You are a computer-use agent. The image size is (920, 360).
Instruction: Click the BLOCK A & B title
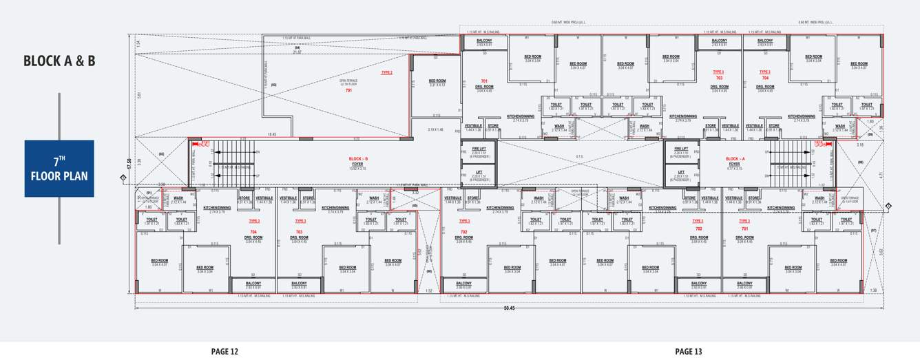59,61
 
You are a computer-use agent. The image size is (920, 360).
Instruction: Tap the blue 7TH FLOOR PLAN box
59,169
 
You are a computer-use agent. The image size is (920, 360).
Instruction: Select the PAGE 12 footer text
224,352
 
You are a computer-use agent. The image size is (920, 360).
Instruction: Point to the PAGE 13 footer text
689,352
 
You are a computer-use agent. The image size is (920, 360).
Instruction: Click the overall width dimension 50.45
509,307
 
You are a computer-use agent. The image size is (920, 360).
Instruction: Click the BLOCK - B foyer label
358,161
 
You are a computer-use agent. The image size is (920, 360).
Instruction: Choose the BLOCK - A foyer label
734,161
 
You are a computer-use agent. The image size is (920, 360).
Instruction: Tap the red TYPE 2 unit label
386,72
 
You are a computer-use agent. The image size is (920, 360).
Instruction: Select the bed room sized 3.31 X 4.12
437,83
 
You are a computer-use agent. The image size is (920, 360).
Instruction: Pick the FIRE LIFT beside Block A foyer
681,151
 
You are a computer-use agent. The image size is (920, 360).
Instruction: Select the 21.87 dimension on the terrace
297,52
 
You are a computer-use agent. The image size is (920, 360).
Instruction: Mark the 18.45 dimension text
272,135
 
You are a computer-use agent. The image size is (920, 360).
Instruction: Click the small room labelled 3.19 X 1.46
435,129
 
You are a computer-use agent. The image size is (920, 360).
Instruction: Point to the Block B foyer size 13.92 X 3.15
358,169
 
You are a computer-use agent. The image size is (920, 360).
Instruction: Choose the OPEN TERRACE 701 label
348,87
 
